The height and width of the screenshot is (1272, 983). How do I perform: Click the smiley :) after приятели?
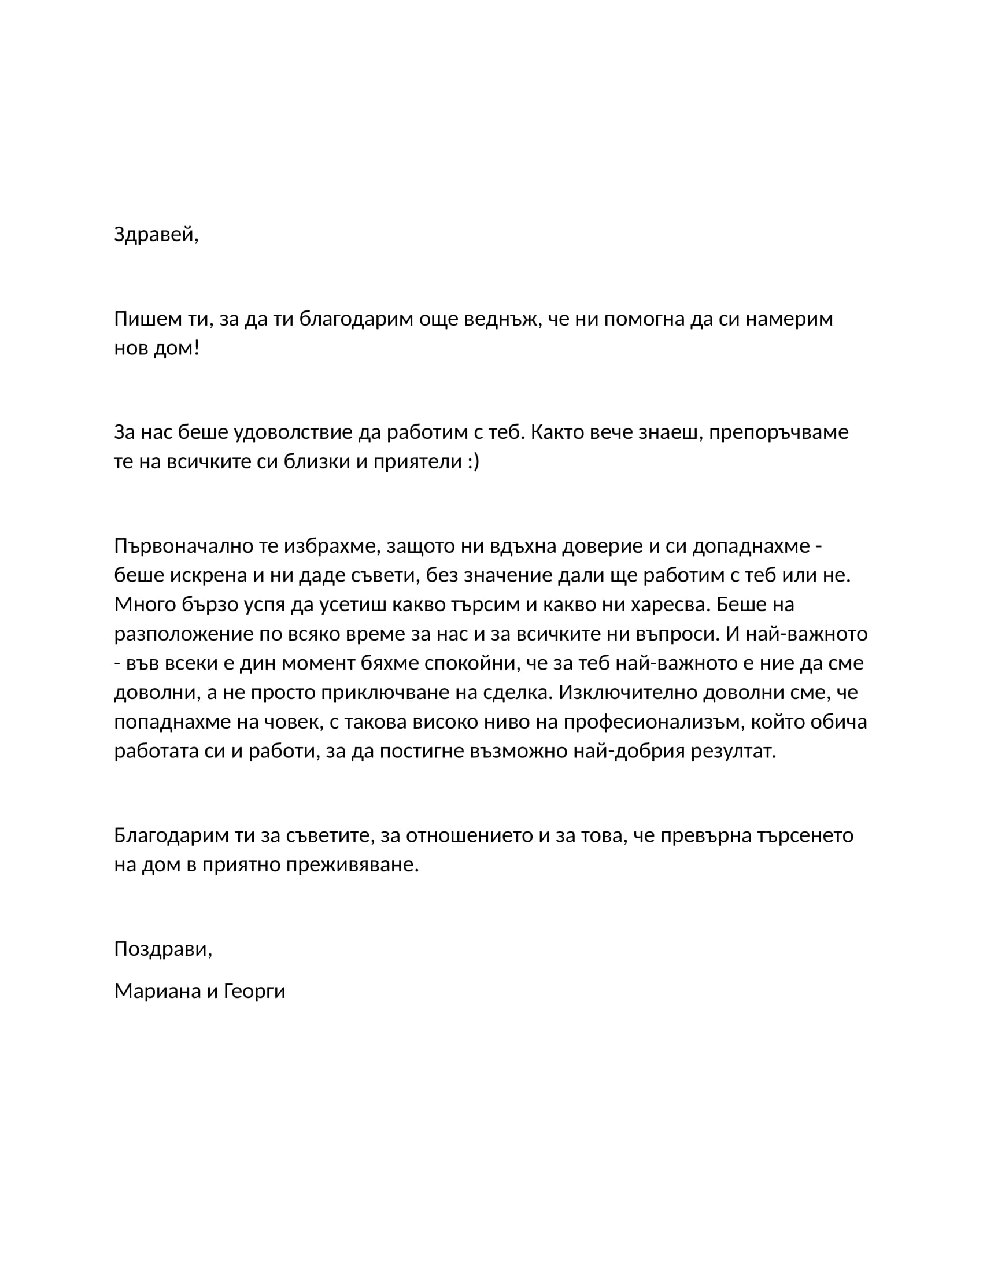pyautogui.click(x=473, y=461)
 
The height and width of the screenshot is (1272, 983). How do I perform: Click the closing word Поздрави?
pyautogui.click(x=162, y=949)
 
